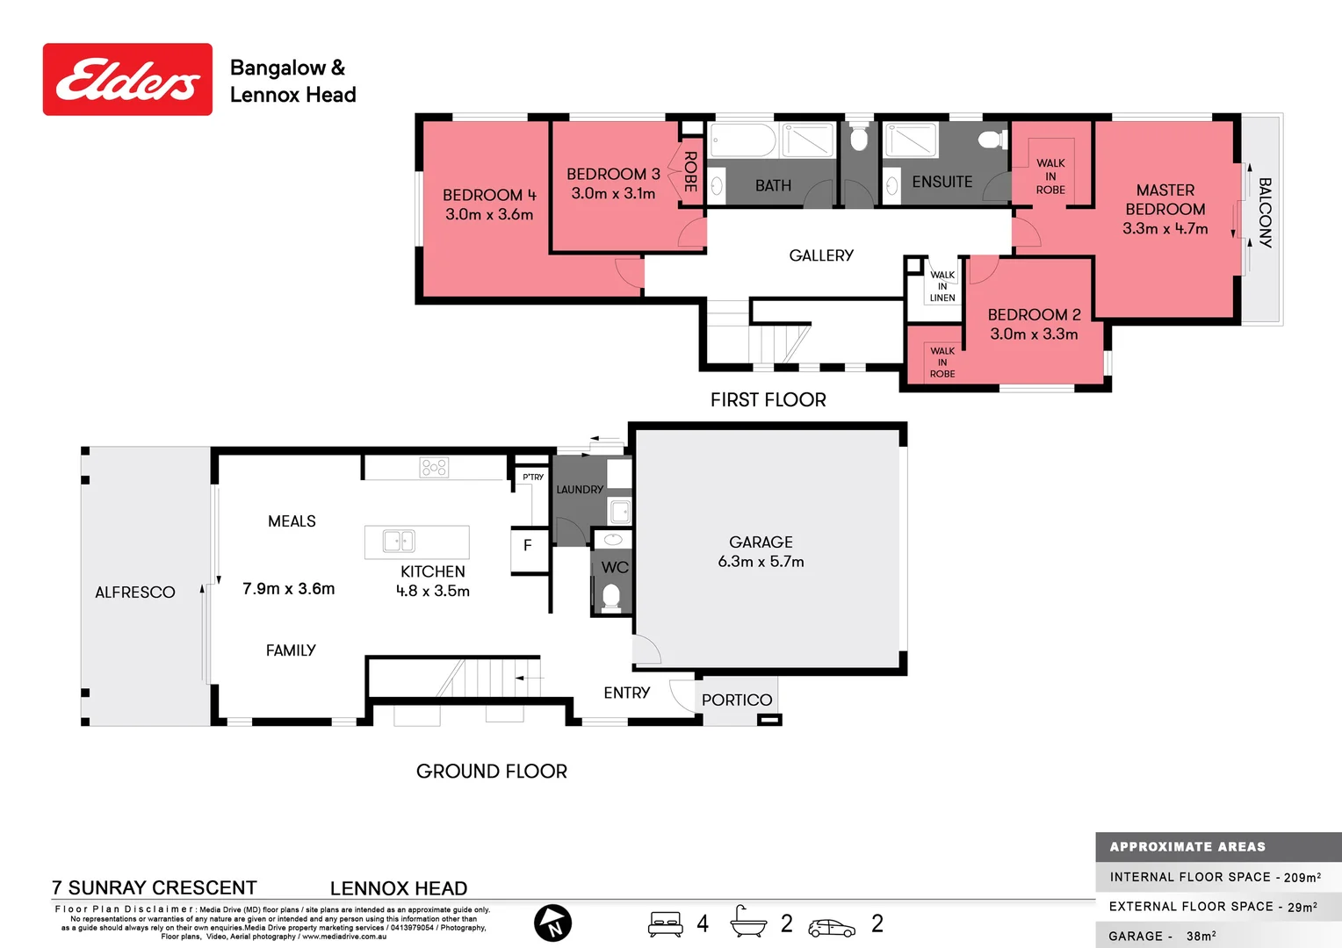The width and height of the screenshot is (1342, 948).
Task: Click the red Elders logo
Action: tap(127, 79)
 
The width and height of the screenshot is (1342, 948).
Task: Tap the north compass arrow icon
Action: tap(552, 923)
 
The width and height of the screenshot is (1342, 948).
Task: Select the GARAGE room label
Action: tap(761, 542)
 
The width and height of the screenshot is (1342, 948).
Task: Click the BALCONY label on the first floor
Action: tap(1265, 212)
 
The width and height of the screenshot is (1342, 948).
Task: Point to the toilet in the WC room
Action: tap(611, 597)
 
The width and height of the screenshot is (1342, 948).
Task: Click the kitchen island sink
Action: tap(399, 541)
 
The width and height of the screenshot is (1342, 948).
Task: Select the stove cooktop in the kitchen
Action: tap(434, 467)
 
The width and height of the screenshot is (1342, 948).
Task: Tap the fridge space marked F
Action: tap(528, 546)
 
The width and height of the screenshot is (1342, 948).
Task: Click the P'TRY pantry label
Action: tap(533, 477)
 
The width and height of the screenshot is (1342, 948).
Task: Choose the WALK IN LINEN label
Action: tap(942, 286)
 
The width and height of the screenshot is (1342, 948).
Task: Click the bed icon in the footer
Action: tap(666, 924)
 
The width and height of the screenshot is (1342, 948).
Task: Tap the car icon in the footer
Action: tap(831, 928)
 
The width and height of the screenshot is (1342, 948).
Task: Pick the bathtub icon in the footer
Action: tap(747, 923)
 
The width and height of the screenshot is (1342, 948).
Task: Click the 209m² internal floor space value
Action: tap(1302, 877)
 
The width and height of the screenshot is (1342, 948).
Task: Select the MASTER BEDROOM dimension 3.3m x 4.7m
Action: tap(1165, 228)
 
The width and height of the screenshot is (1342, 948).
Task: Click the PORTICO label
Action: tap(737, 700)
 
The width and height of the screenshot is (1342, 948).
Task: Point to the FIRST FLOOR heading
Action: tap(768, 399)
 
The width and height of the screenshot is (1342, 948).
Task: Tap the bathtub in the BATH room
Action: tap(743, 140)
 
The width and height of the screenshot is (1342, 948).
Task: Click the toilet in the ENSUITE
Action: tap(992, 139)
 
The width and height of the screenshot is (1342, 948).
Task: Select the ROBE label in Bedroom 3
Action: tap(690, 172)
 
